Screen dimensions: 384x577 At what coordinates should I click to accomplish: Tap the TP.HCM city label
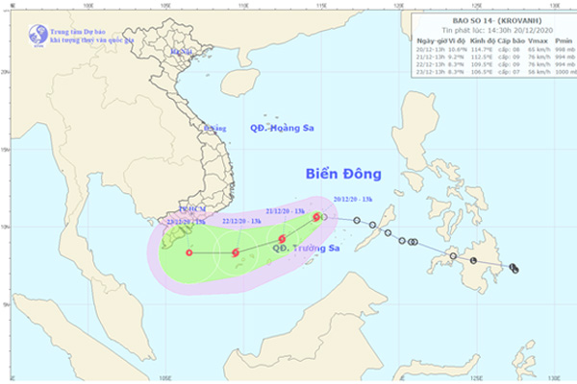pos(192,207)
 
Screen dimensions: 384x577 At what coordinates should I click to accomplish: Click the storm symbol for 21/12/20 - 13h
pos(282,239)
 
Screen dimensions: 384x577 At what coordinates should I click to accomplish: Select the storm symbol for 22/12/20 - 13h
pos(236,253)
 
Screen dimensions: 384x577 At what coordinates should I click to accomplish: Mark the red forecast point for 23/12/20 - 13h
pos(188,253)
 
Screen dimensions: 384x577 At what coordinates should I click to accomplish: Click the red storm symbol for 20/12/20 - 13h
pos(316,218)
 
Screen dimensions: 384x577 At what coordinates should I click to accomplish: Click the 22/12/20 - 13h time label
pos(240,220)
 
